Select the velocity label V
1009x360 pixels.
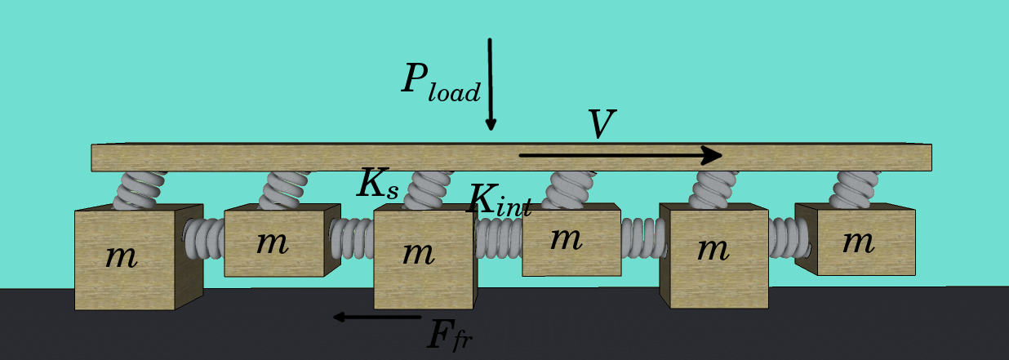click(601, 125)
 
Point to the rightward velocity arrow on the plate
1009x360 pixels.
click(620, 155)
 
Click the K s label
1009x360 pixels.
click(378, 185)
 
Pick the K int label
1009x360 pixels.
click(499, 201)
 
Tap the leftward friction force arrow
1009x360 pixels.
click(376, 317)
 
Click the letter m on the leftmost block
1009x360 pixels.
click(122, 256)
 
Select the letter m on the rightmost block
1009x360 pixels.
click(858, 241)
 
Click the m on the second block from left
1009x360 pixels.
click(272, 242)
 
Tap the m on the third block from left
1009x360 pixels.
click(418, 252)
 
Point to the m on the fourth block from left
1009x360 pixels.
click(566, 238)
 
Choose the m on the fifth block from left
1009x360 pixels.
click(713, 248)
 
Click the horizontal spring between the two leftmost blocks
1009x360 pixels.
click(204, 239)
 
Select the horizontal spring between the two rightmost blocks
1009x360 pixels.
click(789, 237)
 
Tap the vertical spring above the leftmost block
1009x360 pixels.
click(140, 190)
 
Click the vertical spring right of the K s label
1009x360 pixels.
click(428, 189)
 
